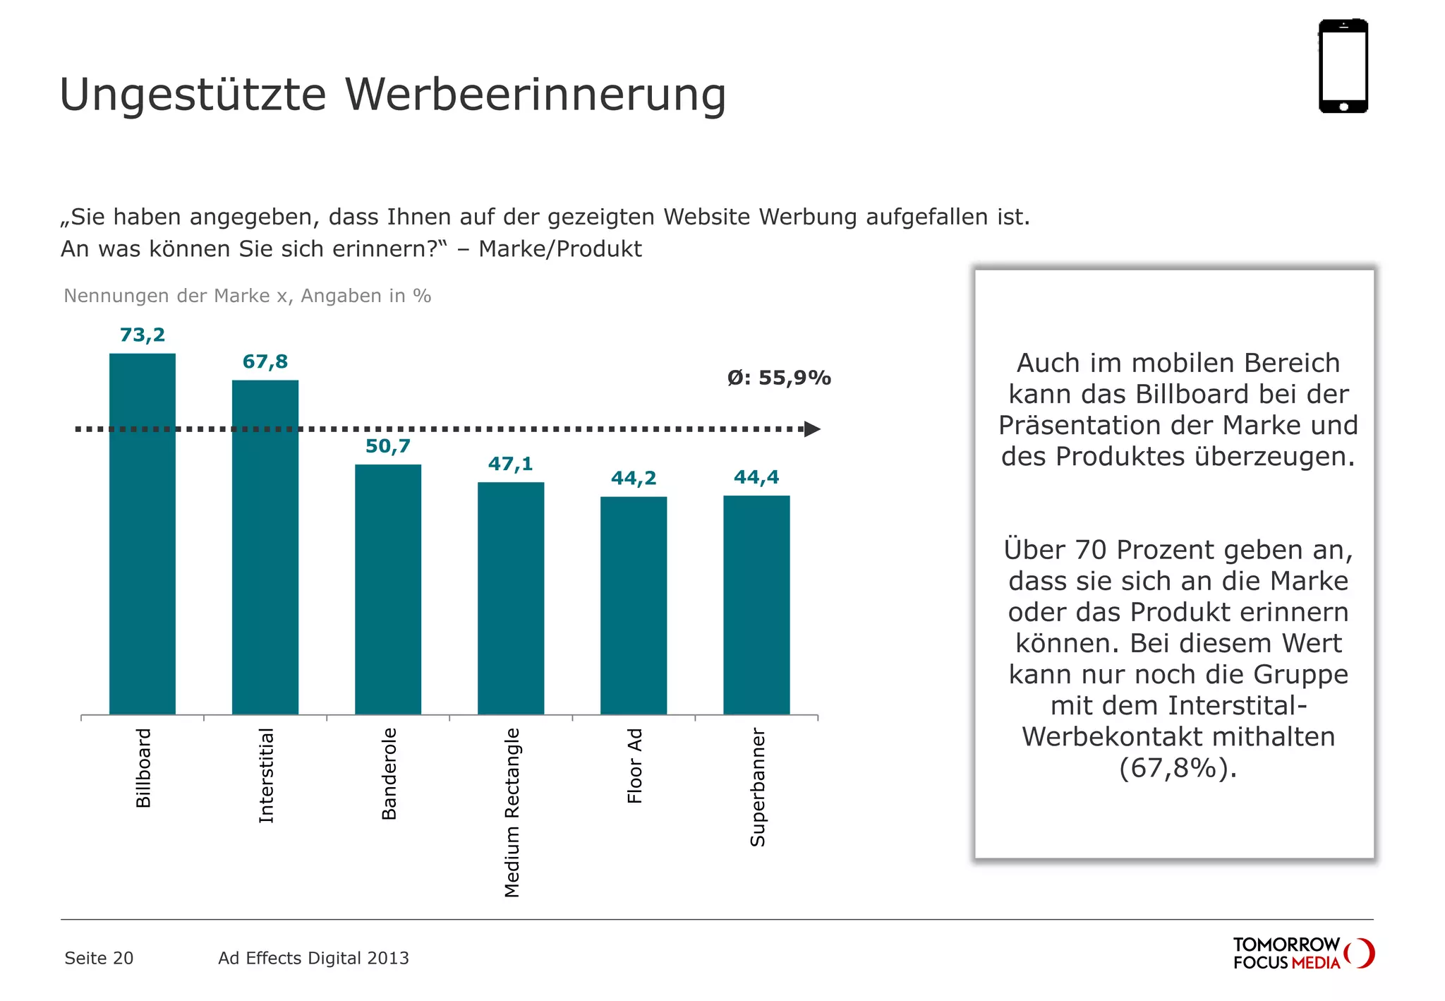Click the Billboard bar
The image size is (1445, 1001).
(143, 534)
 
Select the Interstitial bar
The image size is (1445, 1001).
(265, 547)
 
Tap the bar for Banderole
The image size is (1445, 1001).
(388, 589)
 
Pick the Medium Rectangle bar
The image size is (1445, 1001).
(511, 598)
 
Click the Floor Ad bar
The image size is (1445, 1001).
(634, 606)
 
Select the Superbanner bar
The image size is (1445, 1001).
(756, 605)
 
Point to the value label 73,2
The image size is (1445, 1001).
(143, 335)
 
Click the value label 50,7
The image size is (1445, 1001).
(388, 446)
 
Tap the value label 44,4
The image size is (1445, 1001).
(756, 477)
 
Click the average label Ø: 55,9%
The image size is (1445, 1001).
(779, 378)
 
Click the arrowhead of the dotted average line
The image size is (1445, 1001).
(812, 429)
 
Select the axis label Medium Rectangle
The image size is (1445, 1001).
(512, 813)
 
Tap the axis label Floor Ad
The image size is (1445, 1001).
(635, 766)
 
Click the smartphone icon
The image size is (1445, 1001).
(1343, 66)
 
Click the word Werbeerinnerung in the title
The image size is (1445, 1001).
(536, 95)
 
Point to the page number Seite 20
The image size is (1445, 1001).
(99, 958)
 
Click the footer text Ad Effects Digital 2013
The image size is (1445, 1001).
(313, 958)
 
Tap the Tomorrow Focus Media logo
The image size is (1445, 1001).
(1302, 953)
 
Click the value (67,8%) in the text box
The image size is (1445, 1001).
(1178, 768)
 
